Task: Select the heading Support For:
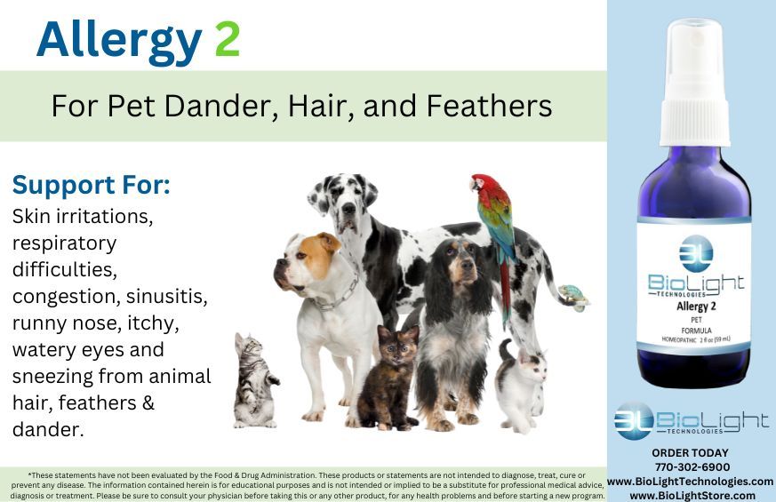coord(91,186)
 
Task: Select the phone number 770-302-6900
coord(692,466)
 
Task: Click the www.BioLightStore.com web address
coord(692,495)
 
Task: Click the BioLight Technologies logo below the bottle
coord(691,420)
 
